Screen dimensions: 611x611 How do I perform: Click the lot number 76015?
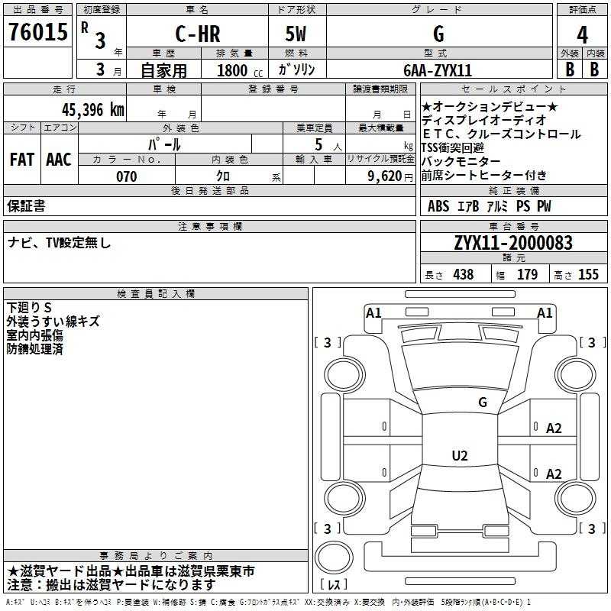(38, 32)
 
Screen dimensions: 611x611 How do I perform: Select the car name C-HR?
(198, 34)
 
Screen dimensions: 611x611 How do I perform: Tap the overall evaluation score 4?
(582, 35)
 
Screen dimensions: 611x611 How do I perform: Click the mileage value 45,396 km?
(92, 110)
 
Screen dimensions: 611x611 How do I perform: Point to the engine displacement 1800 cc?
(240, 70)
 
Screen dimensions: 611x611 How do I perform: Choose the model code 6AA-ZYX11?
(438, 70)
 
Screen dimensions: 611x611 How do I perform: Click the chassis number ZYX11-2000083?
(513, 243)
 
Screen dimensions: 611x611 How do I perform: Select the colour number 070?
(127, 176)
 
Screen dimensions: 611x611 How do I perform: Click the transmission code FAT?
(22, 160)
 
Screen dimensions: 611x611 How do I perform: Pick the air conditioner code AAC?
(59, 160)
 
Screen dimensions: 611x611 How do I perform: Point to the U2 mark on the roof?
(460, 455)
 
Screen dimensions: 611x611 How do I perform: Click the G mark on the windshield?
(483, 402)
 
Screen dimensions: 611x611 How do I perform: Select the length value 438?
(464, 274)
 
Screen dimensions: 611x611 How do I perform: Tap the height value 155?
(588, 274)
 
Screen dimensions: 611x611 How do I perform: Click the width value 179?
(527, 274)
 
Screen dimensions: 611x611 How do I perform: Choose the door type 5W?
(296, 34)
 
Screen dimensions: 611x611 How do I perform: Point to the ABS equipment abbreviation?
(438, 206)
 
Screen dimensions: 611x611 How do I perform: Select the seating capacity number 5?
(318, 144)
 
